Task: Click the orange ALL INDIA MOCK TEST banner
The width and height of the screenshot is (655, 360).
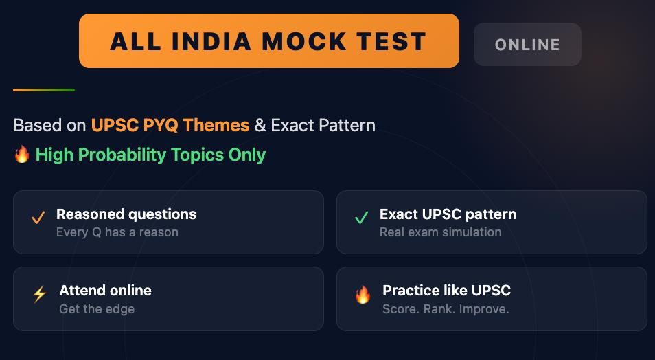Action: click(268, 41)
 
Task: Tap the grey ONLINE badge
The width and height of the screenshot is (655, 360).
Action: click(527, 45)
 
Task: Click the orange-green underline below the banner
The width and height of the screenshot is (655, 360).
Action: click(44, 89)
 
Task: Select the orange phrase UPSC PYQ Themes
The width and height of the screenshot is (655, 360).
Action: click(170, 125)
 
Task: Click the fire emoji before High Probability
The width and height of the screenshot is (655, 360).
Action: click(22, 155)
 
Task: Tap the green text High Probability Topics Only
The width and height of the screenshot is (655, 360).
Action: click(150, 155)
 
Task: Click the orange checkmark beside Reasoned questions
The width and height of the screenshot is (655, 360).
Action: click(38, 218)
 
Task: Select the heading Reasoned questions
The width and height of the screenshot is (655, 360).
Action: click(126, 214)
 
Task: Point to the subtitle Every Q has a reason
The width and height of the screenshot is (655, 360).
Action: click(117, 232)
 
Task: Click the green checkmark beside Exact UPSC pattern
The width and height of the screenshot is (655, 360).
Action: click(361, 218)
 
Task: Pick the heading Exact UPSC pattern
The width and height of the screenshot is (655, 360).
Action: click(448, 214)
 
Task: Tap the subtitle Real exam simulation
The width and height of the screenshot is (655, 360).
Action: click(440, 232)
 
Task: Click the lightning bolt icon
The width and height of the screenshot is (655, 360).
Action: click(39, 295)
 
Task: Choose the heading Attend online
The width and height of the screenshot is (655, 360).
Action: click(105, 290)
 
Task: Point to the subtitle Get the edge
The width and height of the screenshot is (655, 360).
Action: click(97, 308)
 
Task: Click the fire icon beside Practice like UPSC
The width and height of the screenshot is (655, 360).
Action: click(363, 295)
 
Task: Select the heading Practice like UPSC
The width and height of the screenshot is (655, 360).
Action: click(446, 290)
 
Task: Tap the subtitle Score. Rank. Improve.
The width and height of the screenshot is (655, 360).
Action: click(446, 308)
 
